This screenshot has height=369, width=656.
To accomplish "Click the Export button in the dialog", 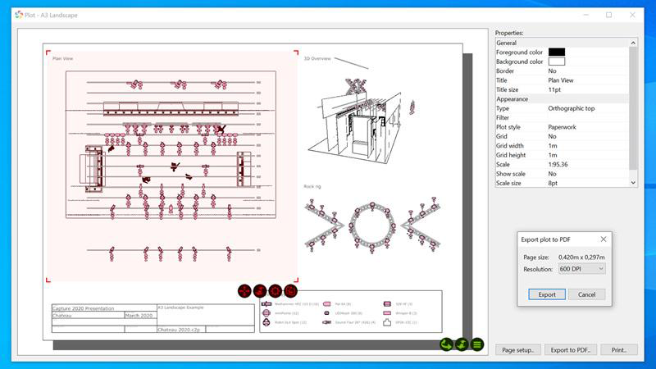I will tap(546, 294).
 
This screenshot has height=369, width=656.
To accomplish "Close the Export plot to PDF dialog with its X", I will tap(603, 239).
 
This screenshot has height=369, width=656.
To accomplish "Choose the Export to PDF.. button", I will tap(571, 350).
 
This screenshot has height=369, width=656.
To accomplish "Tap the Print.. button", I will tap(619, 350).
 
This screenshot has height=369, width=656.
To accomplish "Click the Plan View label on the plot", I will tap(63, 58).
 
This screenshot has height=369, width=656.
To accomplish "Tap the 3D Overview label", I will tap(317, 58).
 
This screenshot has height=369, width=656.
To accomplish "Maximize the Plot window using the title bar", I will tap(608, 14).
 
